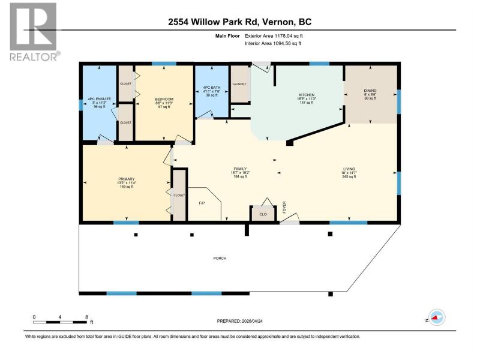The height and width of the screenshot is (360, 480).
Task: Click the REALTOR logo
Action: tap(34, 32)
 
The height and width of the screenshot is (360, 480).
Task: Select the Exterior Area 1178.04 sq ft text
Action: tap(274, 36)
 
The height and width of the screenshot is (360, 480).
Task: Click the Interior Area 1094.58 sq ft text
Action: tap(273, 43)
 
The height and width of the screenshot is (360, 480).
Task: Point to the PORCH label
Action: tap(220, 259)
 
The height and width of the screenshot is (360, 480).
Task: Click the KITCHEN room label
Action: tap(307, 95)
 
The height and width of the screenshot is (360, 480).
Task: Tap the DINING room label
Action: tap(370, 91)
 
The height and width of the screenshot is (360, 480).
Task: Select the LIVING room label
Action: tap(349, 169)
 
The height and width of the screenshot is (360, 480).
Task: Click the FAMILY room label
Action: tap(241, 169)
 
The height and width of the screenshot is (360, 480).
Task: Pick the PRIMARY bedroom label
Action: tap(127, 179)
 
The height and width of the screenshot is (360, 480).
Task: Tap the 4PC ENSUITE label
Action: tap(100, 99)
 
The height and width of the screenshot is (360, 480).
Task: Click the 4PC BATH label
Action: tap(212, 88)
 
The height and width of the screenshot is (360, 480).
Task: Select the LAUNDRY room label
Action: tap(239, 84)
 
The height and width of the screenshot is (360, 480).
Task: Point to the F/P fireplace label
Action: tap(202, 203)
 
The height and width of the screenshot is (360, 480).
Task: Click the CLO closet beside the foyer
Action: tap(263, 214)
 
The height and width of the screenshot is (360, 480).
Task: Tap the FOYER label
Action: tap(284, 207)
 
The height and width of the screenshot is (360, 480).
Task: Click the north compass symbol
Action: tap(437, 318)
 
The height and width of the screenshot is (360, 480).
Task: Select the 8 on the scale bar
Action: tap(86, 317)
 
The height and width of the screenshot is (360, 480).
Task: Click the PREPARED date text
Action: tap(239, 321)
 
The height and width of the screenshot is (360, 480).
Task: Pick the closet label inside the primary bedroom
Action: tap(179, 196)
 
